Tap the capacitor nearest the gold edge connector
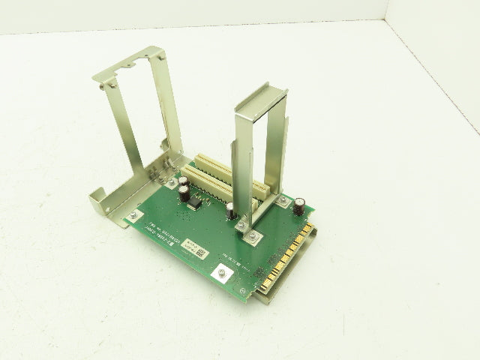tap(298, 205)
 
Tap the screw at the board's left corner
tap(133, 215)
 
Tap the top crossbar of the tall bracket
tap(129, 64)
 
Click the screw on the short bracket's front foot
tap(254, 237)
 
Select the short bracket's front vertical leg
tap(244, 172)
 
